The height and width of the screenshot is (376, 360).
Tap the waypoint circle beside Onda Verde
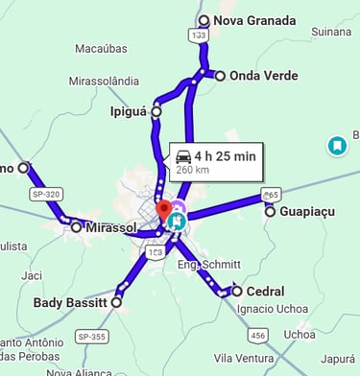(x=220, y=76)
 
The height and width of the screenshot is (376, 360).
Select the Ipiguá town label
(x=129, y=111)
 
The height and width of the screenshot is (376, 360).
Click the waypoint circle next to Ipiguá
(x=156, y=111)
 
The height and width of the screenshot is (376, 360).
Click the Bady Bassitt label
(x=71, y=303)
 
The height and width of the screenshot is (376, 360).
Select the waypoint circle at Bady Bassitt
(x=117, y=302)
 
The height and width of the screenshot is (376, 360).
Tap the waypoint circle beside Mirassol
(x=76, y=226)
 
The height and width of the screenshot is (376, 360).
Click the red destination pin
(x=163, y=208)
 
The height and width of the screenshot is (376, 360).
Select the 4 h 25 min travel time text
(x=225, y=155)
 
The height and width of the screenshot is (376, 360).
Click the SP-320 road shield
(x=45, y=194)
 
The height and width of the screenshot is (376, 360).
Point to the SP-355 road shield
(x=92, y=337)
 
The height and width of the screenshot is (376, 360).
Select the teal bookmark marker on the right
(x=336, y=146)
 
